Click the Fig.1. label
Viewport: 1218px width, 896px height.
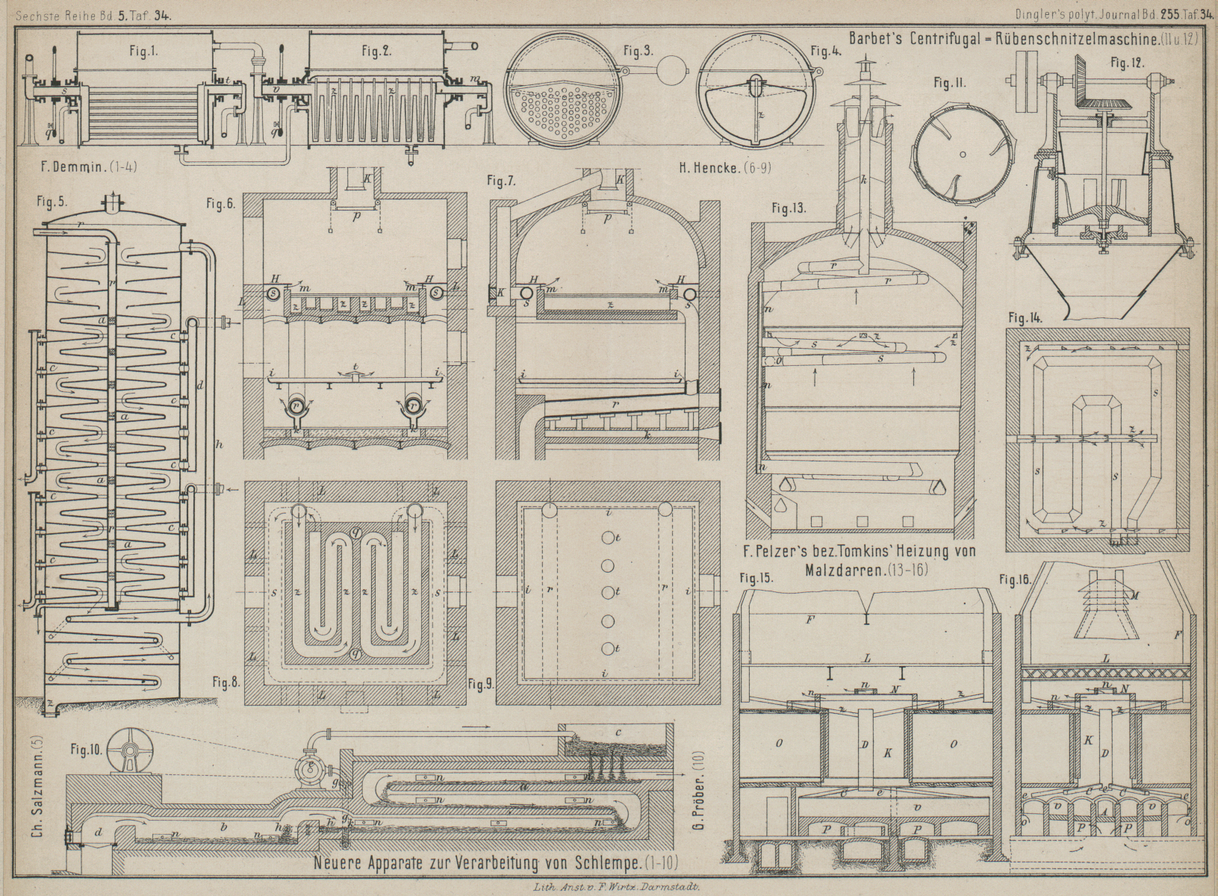(141, 52)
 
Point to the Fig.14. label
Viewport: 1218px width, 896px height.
(1024, 317)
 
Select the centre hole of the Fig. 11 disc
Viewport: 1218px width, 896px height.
(963, 155)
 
